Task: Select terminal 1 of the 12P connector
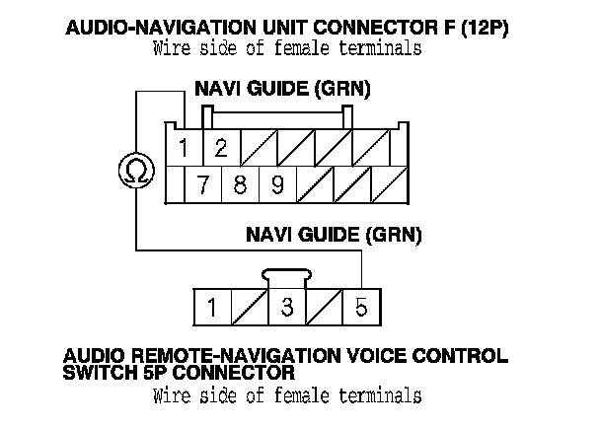[x=185, y=149]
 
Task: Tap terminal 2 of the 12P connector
[x=221, y=149]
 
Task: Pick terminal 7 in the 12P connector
[x=202, y=184]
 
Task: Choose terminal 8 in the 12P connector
[x=240, y=184]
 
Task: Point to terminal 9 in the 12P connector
[x=277, y=184]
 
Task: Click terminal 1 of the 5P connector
[x=211, y=308]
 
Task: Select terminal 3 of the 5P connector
[x=286, y=308]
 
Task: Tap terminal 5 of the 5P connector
[x=361, y=308]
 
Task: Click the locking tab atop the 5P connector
[x=286, y=277]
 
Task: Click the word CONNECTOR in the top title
[x=378, y=29]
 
